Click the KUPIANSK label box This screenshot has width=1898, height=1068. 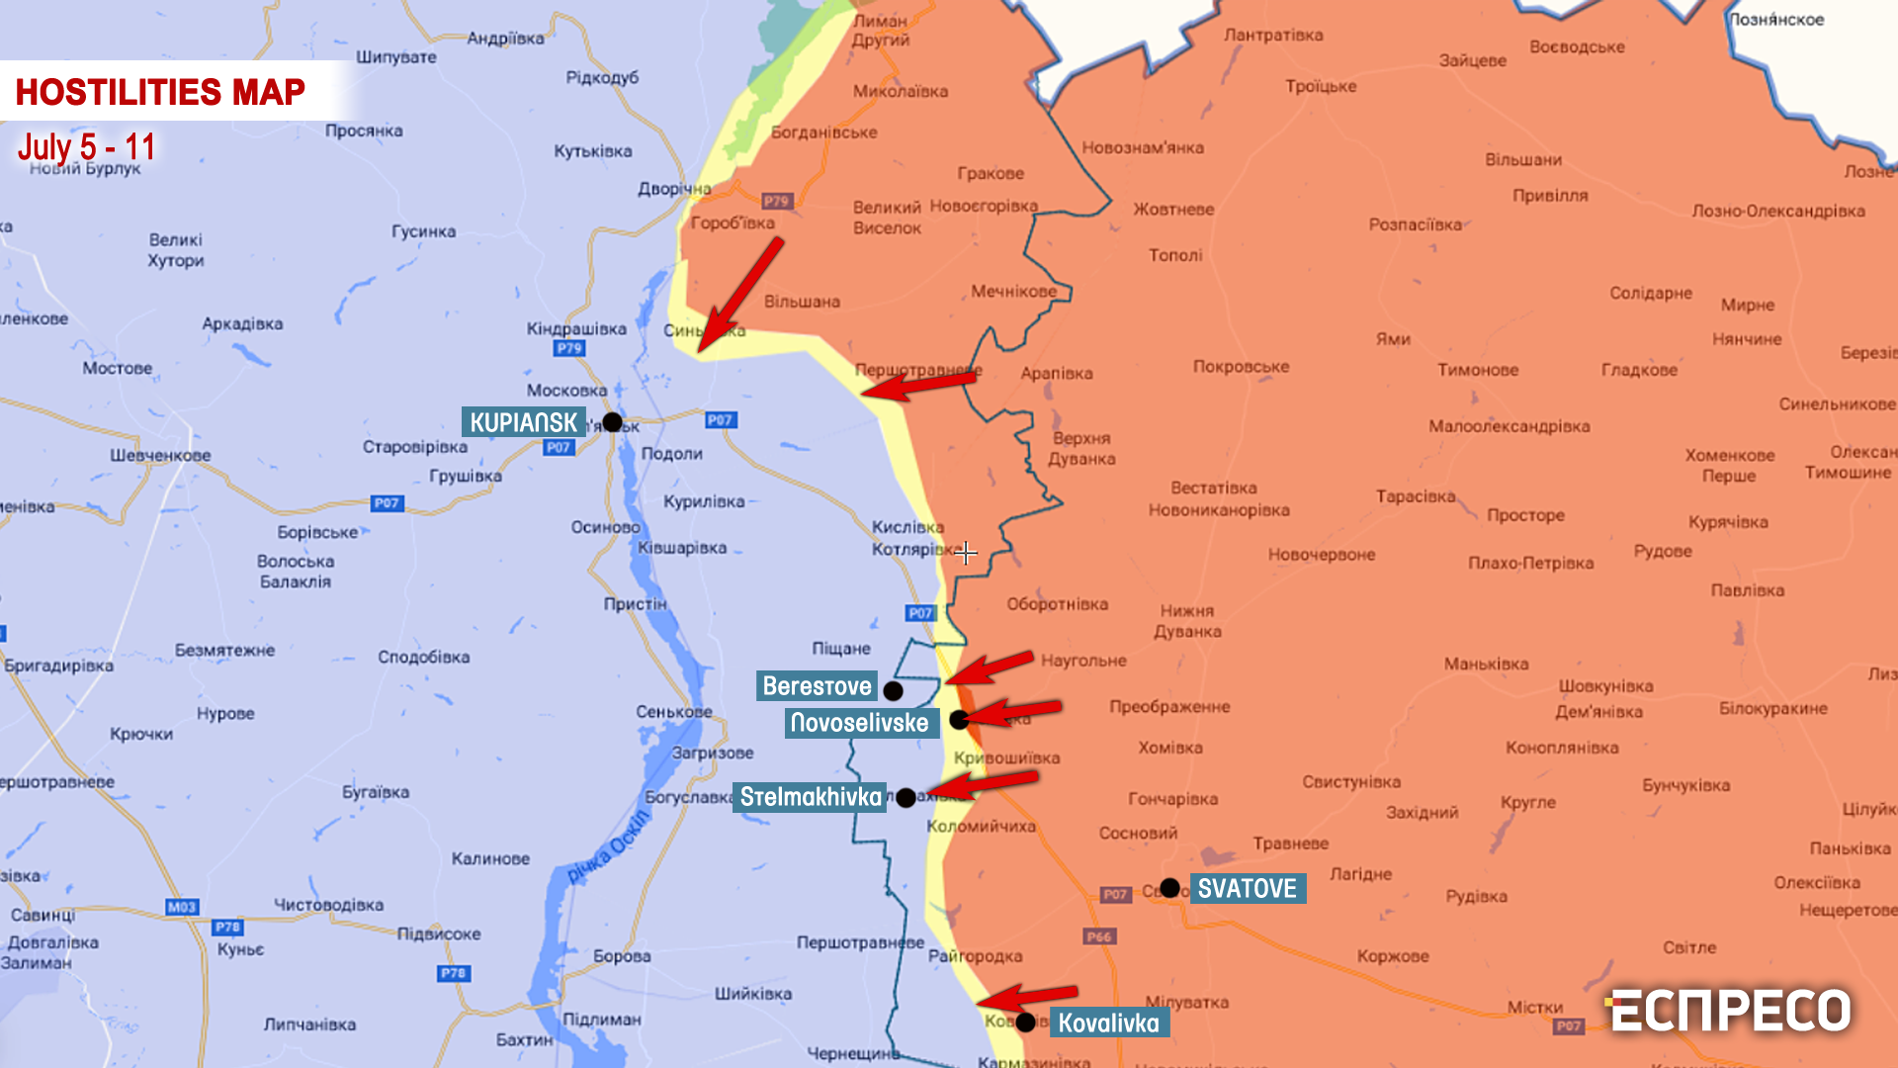[x=523, y=422]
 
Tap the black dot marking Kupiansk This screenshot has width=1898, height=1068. [x=612, y=422]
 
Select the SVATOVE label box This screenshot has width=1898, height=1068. [x=1247, y=888]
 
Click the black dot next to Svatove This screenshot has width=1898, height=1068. [x=1169, y=888]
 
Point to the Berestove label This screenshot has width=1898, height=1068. [x=817, y=686]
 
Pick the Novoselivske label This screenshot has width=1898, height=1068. [x=860, y=723]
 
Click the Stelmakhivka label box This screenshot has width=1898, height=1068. [x=810, y=797]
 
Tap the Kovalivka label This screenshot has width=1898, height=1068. [x=1108, y=1023]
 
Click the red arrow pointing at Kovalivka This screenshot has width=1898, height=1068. [x=1028, y=996]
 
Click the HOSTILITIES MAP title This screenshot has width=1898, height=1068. [x=160, y=92]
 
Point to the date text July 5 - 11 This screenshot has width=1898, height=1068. [x=86, y=147]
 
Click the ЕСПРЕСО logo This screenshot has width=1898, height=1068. [x=1730, y=1011]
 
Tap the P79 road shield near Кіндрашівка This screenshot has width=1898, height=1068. [x=569, y=348]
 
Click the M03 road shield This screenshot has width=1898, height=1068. [x=182, y=907]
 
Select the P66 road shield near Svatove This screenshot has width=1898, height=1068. [x=1098, y=936]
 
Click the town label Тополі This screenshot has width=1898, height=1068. [x=1175, y=255]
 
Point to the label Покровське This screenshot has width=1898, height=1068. [x=1241, y=367]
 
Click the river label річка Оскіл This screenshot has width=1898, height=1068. [x=608, y=846]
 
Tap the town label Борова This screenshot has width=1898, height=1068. [x=622, y=956]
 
